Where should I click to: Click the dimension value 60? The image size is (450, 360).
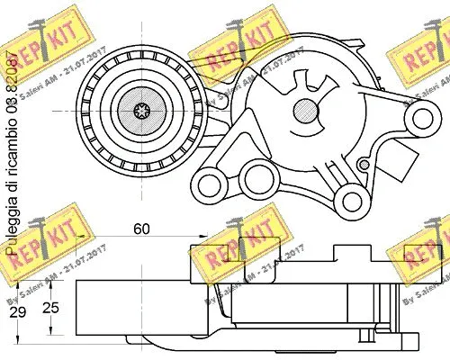click(141, 229)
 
